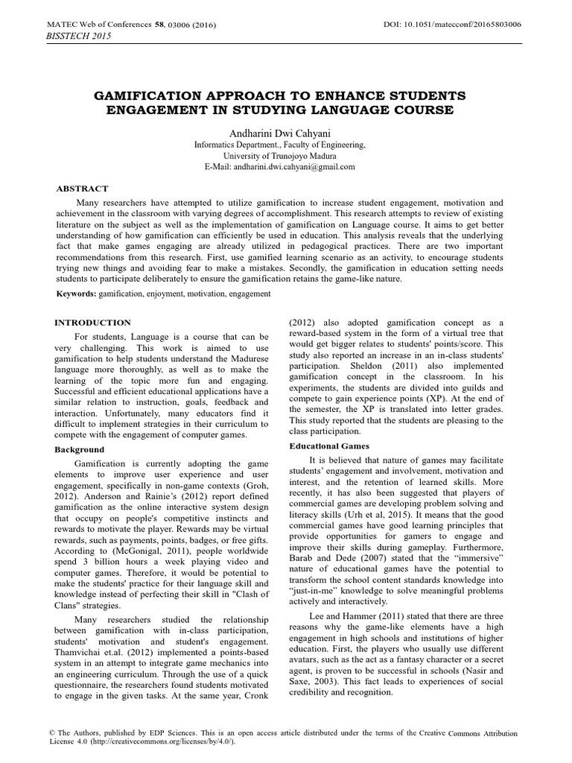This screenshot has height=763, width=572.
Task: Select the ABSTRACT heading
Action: (x=83, y=189)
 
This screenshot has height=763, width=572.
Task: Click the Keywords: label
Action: (x=76, y=294)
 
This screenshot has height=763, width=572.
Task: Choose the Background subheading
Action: (x=80, y=450)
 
